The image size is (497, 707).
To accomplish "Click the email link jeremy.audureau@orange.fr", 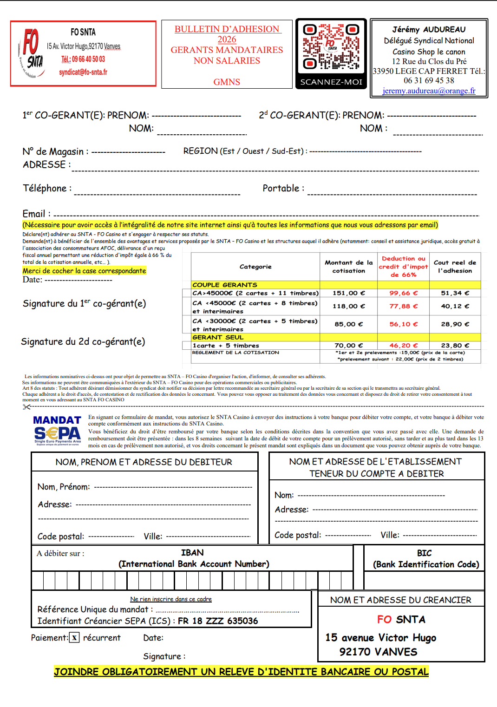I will (x=429, y=91).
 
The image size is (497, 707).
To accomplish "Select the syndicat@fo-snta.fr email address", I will (x=83, y=72).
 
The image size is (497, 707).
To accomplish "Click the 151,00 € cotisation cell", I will (x=348, y=293).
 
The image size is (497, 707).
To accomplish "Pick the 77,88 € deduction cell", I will (x=403, y=306).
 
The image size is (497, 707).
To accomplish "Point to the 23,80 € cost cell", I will (x=455, y=346).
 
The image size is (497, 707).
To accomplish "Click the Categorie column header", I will (x=255, y=267).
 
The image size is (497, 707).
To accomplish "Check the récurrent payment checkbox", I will (x=74, y=638).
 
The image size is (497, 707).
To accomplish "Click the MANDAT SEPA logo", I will (x=57, y=430).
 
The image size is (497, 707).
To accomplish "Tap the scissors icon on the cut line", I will (x=26, y=407).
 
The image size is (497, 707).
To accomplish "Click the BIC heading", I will (x=424, y=553).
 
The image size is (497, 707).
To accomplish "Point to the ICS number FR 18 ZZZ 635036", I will (x=218, y=621).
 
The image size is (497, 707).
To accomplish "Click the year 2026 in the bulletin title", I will (x=227, y=39).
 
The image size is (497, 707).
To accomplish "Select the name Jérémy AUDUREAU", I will (x=429, y=29).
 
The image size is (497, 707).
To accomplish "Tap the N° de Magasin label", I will (x=55, y=151).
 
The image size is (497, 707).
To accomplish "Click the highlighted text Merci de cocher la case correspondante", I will (x=84, y=271).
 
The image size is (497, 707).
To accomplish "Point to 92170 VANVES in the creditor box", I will (x=378, y=652).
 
